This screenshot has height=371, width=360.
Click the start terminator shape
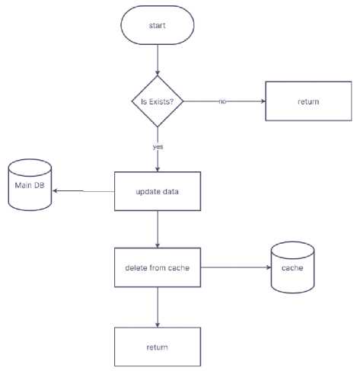(x=158, y=25)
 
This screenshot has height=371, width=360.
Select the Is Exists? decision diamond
(x=158, y=101)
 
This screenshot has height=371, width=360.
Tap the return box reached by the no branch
(x=308, y=101)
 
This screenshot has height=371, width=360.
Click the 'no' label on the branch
(x=222, y=101)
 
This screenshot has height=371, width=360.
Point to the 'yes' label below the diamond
(x=158, y=147)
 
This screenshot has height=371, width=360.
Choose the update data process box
(x=158, y=191)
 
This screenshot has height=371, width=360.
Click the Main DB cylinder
(x=30, y=185)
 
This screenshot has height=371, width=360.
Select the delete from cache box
(x=158, y=267)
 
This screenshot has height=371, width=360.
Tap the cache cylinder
(x=292, y=267)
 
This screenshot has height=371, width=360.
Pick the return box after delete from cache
(x=158, y=347)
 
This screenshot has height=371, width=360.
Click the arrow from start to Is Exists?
(x=158, y=60)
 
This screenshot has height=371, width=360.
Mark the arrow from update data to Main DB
(x=84, y=191)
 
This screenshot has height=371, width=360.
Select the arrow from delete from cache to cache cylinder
(x=236, y=267)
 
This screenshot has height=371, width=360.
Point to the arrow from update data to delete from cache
(x=158, y=229)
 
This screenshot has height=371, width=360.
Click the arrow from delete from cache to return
(x=158, y=307)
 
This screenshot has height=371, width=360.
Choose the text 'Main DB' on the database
(x=30, y=185)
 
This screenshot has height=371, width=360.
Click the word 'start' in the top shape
(x=157, y=25)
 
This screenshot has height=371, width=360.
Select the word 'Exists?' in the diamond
(x=161, y=101)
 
